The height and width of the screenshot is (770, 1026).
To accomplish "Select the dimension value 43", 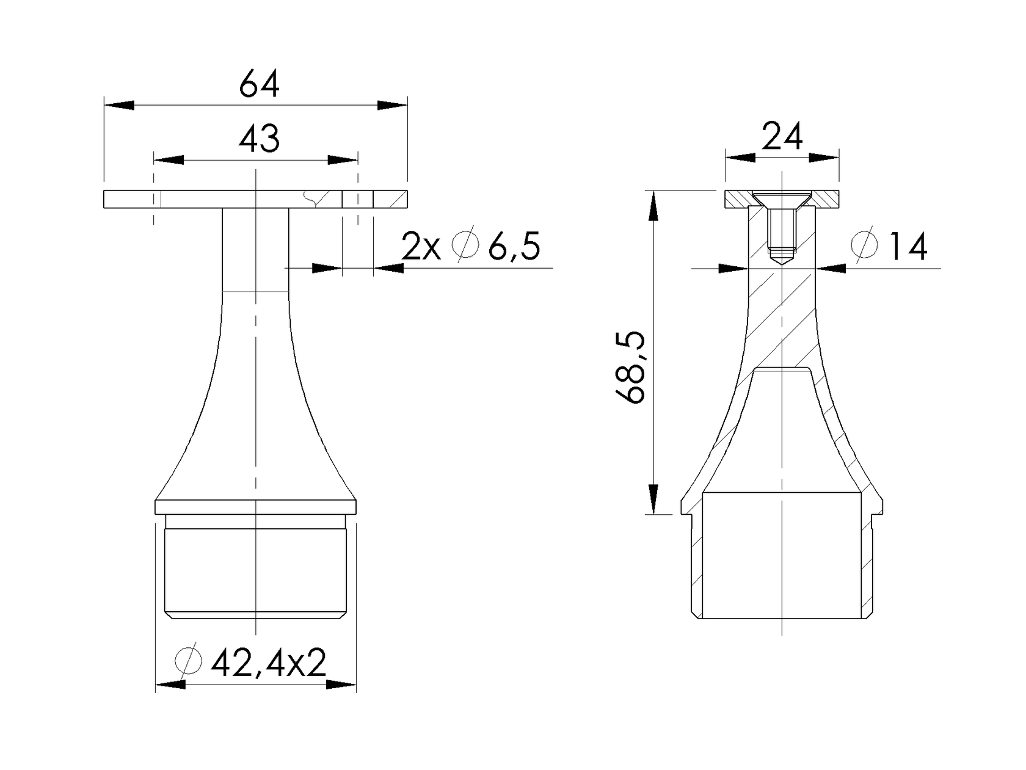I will point(259,139).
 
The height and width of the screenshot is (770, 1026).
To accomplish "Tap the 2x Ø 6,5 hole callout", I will point(471,246).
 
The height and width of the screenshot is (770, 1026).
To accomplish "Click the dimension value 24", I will point(782,137).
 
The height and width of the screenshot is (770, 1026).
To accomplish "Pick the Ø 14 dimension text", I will point(889,247).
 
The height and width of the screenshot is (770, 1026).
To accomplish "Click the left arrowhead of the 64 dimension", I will point(118,105).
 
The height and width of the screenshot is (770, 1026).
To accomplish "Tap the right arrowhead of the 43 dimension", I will point(343,160).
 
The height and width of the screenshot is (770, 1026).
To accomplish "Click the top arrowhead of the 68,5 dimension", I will point(653,205).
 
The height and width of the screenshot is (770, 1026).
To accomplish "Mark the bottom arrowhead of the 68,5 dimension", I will point(653,499).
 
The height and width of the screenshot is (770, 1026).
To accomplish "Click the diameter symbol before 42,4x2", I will point(187,659).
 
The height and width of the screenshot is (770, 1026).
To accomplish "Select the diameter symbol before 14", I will point(865,245).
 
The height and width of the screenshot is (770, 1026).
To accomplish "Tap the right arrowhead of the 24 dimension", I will point(824,158).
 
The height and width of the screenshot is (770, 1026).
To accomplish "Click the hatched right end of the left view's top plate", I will point(390,200).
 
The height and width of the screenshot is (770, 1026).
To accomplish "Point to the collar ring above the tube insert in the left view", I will point(256,507).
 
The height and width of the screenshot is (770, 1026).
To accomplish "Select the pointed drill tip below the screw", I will point(782,260).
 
